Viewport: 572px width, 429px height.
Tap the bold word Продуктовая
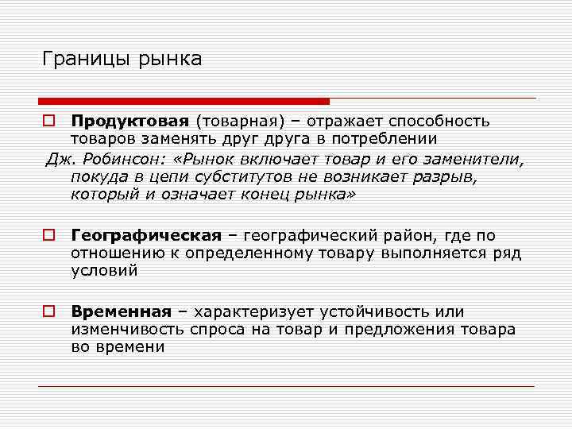coord(129,121)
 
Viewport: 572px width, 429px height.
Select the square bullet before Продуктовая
coord(48,122)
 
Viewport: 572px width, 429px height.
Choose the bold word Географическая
coord(146,235)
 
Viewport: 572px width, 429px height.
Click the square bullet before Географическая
coord(48,236)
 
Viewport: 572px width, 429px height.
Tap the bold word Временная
coord(122,311)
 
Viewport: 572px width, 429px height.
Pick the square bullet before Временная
coord(48,312)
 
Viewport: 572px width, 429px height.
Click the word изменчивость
coord(128,329)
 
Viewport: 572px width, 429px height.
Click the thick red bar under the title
coord(184,101)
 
